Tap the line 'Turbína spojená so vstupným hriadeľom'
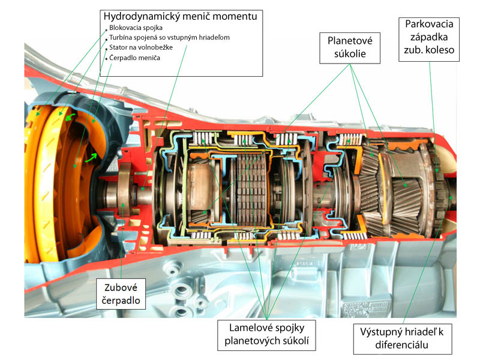coord(169,37)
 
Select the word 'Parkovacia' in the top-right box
coord(429,24)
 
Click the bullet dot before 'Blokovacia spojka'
coord(106,28)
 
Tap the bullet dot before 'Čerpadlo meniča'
coord(106,58)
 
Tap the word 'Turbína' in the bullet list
coord(122,37)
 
